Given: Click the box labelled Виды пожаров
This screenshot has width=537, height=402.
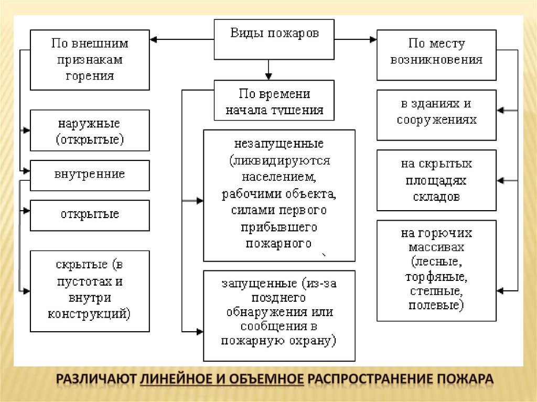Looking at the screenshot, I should pyautogui.click(x=274, y=39).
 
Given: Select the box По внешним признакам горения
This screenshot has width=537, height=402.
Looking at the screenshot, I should pyautogui.click(x=90, y=60).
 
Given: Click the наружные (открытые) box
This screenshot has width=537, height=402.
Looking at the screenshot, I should pyautogui.click(x=90, y=131).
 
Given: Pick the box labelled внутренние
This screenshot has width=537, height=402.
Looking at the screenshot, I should pyautogui.click(x=90, y=175).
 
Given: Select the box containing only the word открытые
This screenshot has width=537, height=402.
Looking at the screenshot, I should pyautogui.click(x=90, y=214).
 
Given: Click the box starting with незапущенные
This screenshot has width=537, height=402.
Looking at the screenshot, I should pyautogui.click(x=279, y=195).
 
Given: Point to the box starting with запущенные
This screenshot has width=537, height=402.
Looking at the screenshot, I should pyautogui.click(x=279, y=316).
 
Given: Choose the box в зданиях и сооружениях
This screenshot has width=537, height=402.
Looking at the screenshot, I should pyautogui.click(x=436, y=114).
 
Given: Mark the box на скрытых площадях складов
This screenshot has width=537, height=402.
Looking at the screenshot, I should pyautogui.click(x=436, y=180).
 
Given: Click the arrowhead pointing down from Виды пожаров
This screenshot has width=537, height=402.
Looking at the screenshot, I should pyautogui.click(x=268, y=75).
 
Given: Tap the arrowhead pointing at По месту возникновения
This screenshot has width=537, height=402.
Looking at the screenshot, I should pyautogui.click(x=373, y=39).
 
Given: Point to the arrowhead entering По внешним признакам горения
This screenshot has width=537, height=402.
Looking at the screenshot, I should pyautogui.click(x=154, y=39).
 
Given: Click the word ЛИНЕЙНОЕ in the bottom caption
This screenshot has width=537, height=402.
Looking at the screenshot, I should pyautogui.click(x=178, y=378).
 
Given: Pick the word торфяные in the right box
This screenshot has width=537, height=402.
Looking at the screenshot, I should pyautogui.click(x=436, y=276).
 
